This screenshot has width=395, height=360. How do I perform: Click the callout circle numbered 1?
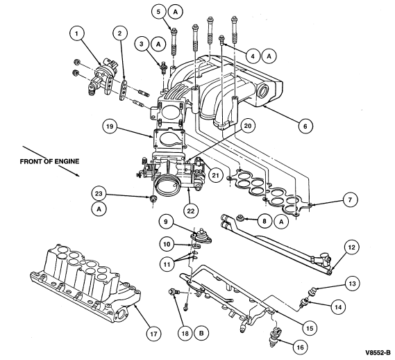(76, 33)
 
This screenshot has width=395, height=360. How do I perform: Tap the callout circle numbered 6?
(305, 126)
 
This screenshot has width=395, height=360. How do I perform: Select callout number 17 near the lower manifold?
(153, 334)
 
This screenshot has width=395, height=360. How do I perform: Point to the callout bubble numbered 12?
(352, 247)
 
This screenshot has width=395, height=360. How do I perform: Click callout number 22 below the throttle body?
(191, 211)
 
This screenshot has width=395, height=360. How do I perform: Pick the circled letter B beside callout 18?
(201, 334)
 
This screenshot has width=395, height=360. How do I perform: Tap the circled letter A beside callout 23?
(99, 209)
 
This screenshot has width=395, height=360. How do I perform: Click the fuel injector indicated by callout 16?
(276, 336)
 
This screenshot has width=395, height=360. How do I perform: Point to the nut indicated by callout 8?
(240, 218)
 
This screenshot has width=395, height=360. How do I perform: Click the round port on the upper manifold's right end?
(263, 91)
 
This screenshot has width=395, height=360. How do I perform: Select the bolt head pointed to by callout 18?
(172, 292)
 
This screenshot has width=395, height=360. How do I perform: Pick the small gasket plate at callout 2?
(123, 90)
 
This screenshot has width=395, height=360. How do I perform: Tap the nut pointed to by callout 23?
(153, 199)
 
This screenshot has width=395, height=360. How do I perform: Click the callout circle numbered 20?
(248, 126)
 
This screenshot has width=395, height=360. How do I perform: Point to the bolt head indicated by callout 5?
(174, 31)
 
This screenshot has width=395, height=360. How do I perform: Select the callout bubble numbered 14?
(338, 306)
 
